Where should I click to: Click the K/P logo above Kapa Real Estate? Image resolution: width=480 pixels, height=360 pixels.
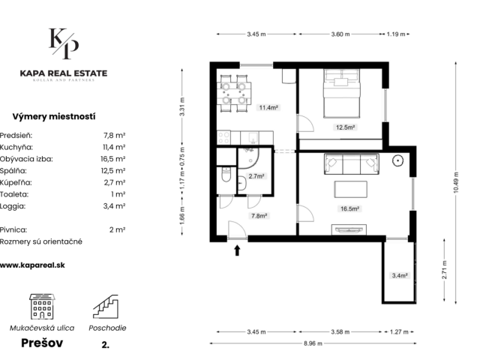tap(64, 43)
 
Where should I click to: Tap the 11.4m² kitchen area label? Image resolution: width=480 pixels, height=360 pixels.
tap(268, 107)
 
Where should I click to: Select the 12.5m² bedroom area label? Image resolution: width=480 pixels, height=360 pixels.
tap(345, 127)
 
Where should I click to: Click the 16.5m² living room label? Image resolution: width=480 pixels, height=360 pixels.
tap(349, 208)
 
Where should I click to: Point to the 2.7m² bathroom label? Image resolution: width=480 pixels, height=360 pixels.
tap(256, 176)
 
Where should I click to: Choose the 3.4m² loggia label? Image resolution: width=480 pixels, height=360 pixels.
tap(400, 275)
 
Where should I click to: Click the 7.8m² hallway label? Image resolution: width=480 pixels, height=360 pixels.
tap(259, 216)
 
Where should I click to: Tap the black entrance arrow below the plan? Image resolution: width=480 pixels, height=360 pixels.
tap(237, 250)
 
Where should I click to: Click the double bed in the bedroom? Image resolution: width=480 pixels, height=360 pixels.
tap(342, 93)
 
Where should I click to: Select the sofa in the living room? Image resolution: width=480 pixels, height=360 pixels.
tap(352, 163)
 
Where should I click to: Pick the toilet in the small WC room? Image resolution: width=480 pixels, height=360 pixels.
tap(226, 174)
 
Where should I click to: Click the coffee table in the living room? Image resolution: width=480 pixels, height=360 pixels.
tap(350, 189)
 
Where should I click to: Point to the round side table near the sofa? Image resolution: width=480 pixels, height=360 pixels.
tap(397, 160)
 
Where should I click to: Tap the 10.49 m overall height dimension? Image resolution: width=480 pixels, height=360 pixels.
tap(456, 183)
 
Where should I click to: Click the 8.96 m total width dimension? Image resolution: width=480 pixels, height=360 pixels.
tap(313, 343)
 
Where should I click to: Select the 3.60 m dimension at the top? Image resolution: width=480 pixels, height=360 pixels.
tap(340, 34)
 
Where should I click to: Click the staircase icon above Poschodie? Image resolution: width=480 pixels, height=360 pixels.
tap(106, 307)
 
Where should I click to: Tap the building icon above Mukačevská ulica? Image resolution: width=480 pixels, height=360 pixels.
tap(42, 307)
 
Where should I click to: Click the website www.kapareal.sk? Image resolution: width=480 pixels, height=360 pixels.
tap(32, 265)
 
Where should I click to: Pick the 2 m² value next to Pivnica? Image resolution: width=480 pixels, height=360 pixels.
tap(117, 229)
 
